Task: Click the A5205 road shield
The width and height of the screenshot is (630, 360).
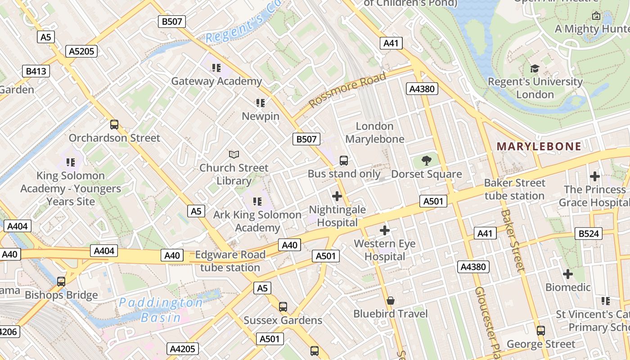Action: coord(81,51)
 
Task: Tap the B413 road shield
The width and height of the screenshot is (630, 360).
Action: coord(36,71)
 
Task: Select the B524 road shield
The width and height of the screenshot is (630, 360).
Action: coord(588,233)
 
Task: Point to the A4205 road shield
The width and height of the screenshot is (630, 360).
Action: coord(182,349)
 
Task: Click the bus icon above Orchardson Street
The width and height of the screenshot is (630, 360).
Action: coord(114,125)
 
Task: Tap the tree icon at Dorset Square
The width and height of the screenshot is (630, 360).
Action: coord(426,161)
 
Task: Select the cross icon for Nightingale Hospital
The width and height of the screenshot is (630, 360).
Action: coord(337,196)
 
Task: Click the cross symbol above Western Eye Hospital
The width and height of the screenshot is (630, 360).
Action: coord(384,230)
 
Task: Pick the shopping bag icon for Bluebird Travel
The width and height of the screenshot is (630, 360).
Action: coord(391,300)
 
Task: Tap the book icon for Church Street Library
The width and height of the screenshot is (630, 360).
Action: coord(234,155)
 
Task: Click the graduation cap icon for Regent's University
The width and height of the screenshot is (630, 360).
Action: coord(535,68)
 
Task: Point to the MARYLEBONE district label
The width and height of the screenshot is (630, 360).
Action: coord(539,146)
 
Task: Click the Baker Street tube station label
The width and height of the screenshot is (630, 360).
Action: coord(514,189)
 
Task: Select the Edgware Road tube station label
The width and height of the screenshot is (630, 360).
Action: coord(230,261)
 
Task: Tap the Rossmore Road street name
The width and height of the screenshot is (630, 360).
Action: coord(347,90)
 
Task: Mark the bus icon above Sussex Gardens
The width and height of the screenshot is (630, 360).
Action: coord(283,307)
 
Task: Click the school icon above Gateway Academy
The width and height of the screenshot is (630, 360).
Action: coord(216,68)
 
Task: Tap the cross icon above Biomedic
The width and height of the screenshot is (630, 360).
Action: coord(568,274)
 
